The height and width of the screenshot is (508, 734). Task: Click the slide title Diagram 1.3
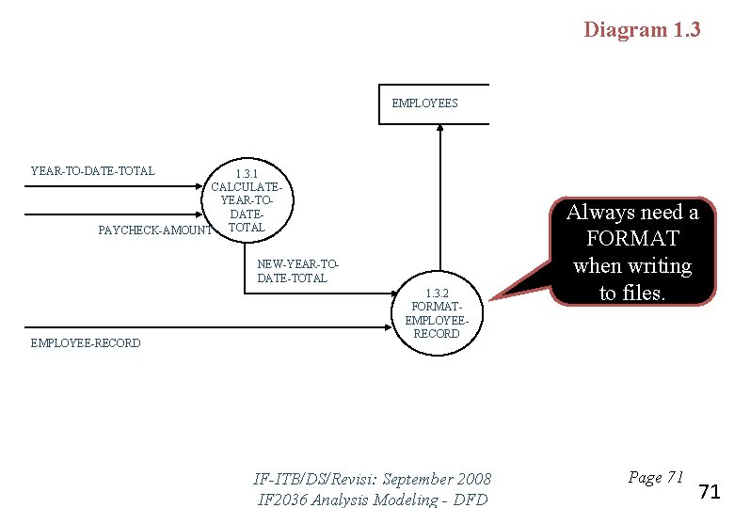tap(642, 29)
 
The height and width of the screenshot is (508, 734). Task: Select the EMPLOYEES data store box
tap(439, 103)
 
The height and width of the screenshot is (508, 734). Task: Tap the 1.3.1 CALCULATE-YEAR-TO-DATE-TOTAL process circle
tap(247, 201)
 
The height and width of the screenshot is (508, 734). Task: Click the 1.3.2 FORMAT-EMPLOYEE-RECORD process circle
tap(437, 314)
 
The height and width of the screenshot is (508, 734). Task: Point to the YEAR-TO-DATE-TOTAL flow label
tap(92, 171)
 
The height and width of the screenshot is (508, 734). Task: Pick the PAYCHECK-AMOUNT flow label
tap(155, 230)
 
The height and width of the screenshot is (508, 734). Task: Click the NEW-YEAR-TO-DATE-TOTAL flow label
tap(297, 271)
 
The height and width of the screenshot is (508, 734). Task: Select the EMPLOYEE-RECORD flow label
tap(86, 343)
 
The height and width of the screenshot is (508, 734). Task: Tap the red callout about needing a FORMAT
tap(632, 252)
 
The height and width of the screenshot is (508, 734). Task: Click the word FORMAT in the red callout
tap(632, 239)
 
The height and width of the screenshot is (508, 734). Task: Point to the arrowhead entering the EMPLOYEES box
tap(439, 130)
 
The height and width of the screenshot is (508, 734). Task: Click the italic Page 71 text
tap(655, 477)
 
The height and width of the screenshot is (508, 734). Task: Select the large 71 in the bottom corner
tap(710, 491)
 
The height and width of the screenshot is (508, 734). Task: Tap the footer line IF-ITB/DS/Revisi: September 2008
tap(373, 479)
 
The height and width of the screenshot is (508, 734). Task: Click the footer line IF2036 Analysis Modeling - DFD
tap(373, 499)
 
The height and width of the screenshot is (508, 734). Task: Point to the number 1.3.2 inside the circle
tap(437, 293)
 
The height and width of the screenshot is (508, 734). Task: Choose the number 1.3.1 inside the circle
tap(247, 174)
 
